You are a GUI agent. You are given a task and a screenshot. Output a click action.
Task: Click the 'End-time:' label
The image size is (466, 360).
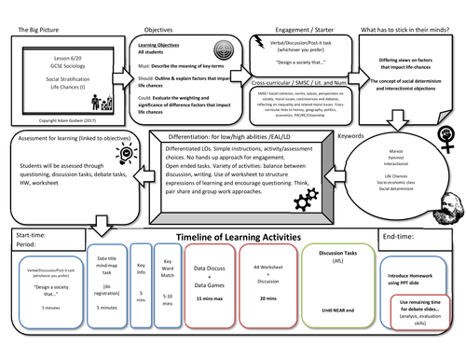tap(404, 236)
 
